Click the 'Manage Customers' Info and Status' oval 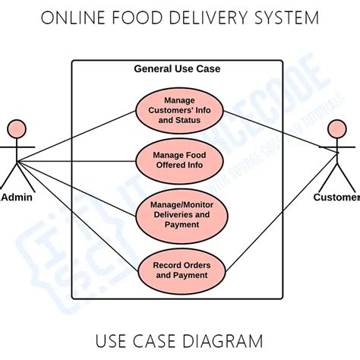coord(180,111)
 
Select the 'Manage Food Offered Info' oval coord(180,160)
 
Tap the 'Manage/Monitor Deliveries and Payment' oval coord(180,214)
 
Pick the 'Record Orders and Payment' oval coord(180,270)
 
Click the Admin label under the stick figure coord(17,197)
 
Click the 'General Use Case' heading coord(177,68)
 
